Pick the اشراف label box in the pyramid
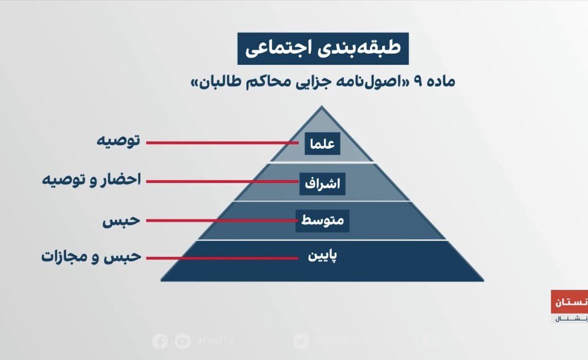pyautogui.click(x=322, y=182)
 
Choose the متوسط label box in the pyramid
pyautogui.click(x=322, y=220)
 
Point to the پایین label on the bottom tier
pyautogui.click(x=322, y=256)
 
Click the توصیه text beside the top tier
pyautogui.click(x=119, y=141)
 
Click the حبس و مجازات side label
pyautogui.click(x=91, y=256)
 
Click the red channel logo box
pyautogui.click(x=569, y=302)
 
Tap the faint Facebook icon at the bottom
pyautogui.click(x=160, y=341)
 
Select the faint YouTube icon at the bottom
pyautogui.click(x=182, y=341)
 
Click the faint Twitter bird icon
pyautogui.click(x=301, y=341)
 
